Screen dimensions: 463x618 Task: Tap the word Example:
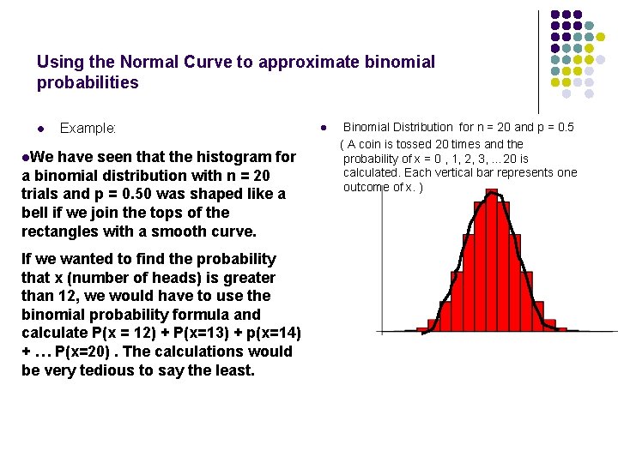tap(88, 129)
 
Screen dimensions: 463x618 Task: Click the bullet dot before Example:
tap(40, 129)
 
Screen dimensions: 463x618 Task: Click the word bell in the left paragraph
tap(36, 213)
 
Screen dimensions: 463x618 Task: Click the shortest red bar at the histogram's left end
tap(422, 329)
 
